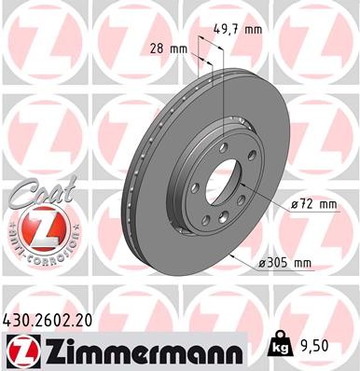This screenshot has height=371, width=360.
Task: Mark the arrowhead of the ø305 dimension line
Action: [234, 255]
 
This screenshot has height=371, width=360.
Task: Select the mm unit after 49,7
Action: [252, 29]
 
